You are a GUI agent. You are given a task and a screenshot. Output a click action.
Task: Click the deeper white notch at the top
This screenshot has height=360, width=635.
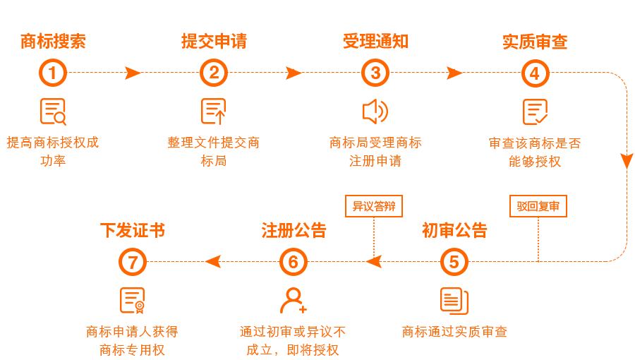tap(291, 21)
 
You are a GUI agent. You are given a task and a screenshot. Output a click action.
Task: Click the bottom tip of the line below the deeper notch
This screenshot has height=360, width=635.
tap(294, 68)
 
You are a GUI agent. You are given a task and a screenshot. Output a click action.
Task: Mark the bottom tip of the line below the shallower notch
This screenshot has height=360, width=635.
tap(454, 68)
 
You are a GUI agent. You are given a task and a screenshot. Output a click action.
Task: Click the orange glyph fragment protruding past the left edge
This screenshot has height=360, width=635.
tap(8, 143)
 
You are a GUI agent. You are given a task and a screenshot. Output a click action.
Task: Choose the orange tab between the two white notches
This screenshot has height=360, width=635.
tap(373, 18)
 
